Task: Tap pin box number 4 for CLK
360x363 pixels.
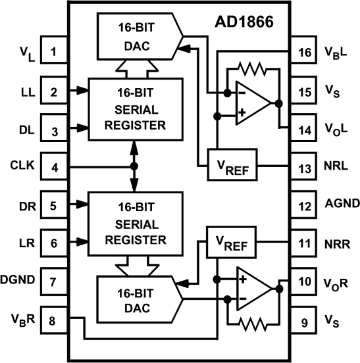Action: pyautogui.click(x=55, y=166)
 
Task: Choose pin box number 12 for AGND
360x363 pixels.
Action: pyautogui.click(x=304, y=205)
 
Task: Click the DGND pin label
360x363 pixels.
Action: pyautogui.click(x=20, y=281)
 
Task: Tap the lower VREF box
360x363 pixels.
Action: pyautogui.click(x=232, y=243)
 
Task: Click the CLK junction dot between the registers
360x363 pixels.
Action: pyautogui.click(x=134, y=166)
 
